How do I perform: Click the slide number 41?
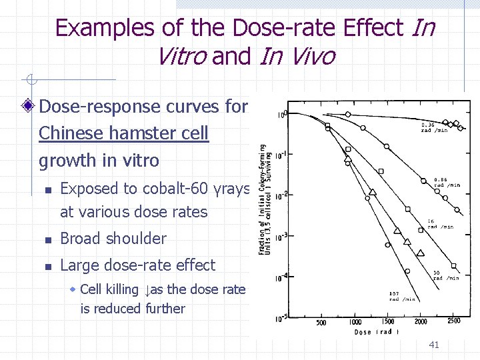click(x=434, y=345)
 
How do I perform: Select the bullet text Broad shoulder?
click(x=113, y=239)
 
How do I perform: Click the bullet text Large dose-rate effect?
click(x=137, y=265)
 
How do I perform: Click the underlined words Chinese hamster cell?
click(x=123, y=133)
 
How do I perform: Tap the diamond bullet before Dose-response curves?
click(x=28, y=107)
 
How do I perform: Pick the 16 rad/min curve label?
click(x=440, y=224)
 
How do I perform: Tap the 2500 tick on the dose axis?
click(x=454, y=322)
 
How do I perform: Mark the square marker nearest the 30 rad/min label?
click(x=453, y=266)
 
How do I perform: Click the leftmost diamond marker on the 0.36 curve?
click(x=347, y=115)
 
